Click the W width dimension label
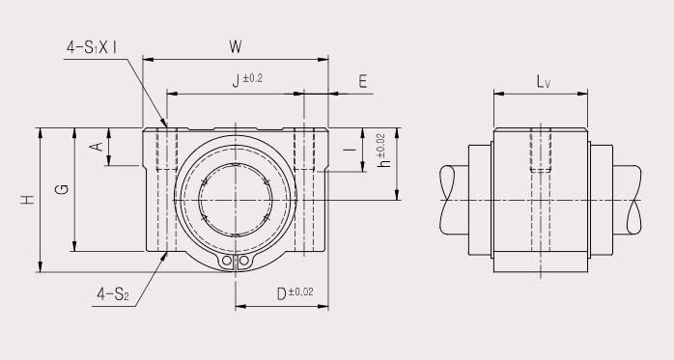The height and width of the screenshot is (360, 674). (236, 45)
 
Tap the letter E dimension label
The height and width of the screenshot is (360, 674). (362, 82)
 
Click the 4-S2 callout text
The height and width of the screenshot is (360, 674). (113, 295)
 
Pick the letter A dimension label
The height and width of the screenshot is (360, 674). (96, 146)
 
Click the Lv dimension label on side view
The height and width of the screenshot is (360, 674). (544, 82)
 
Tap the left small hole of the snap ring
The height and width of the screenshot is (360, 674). (227, 262)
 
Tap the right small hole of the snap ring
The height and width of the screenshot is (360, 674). (245, 262)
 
